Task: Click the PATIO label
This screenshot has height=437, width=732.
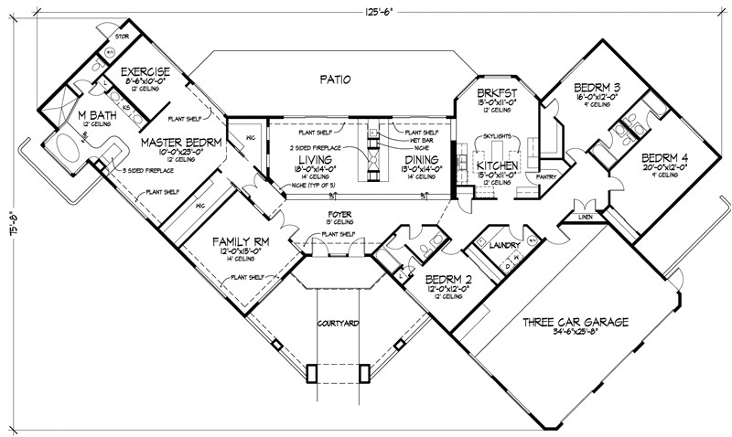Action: (x=337, y=80)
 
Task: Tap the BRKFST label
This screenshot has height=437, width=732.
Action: (x=498, y=93)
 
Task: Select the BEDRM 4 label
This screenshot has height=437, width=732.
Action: (x=668, y=156)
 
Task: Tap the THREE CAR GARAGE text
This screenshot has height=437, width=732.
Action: (x=575, y=322)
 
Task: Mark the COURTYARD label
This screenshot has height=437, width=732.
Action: (x=337, y=324)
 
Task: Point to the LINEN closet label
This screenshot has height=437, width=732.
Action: (x=585, y=217)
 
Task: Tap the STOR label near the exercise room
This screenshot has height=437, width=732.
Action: (x=120, y=37)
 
